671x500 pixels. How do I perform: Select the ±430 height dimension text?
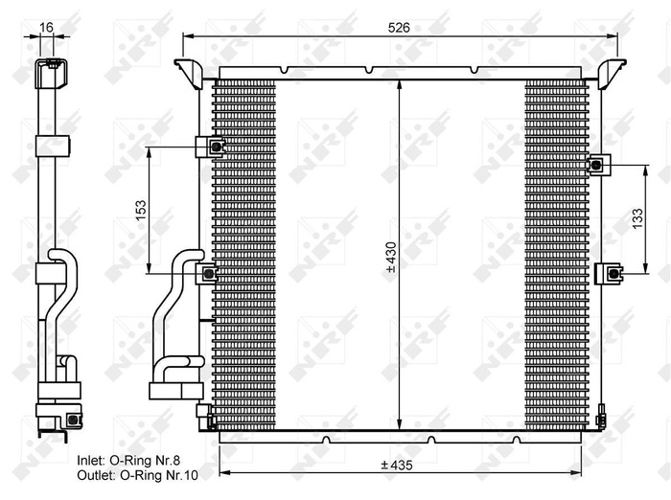click(390, 257)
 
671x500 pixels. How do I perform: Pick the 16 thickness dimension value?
click(47, 28)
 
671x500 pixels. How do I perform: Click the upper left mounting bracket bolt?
click(216, 147)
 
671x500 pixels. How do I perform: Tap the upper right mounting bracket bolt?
click(596, 165)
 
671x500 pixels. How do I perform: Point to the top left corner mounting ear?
click(186, 70)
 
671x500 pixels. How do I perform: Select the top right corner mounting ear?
click(612, 71)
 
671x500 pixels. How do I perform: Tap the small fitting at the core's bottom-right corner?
click(600, 420)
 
